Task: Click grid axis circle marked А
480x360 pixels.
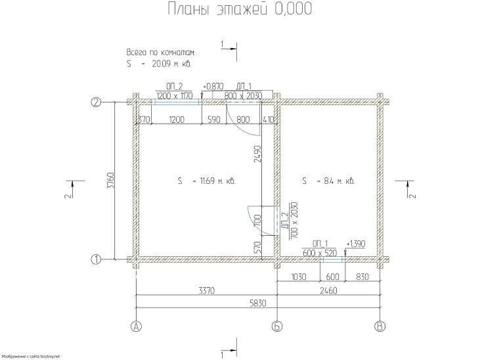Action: click(x=137, y=326)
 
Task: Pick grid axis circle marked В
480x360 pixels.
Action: click(x=380, y=326)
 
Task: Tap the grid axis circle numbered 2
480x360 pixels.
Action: click(x=96, y=102)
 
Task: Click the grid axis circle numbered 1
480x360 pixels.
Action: click(x=96, y=259)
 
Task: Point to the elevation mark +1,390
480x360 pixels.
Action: click(x=358, y=243)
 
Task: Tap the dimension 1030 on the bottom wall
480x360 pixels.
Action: click(x=299, y=277)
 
